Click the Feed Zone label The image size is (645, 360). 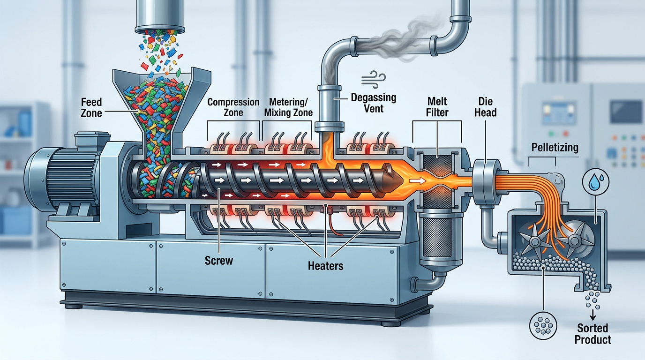coord(91,107)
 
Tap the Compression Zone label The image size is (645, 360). coord(233,107)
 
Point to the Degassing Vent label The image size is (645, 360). coord(374,103)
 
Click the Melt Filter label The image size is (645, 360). coord(437,107)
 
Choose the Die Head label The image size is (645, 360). coord(487,107)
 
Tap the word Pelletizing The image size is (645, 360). coord(555,148)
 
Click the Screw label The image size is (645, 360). coord(219,260)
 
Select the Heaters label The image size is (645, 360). coord(325,266)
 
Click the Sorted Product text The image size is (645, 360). coord(593,333)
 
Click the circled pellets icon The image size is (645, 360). coord(542,323)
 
